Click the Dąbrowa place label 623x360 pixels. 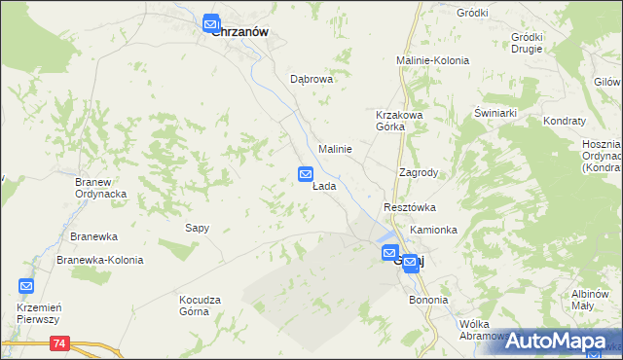pos(311,80)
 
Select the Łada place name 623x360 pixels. pos(324,186)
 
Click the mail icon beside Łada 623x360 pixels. pos(305,174)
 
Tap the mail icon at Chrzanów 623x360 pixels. pos(211,24)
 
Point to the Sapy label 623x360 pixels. pos(198,228)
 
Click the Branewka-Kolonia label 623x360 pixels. pos(100,260)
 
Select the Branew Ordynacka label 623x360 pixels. pos(102,187)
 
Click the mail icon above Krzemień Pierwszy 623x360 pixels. pos(26,286)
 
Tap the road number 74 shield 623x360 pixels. pos(61,343)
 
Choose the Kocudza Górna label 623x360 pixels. pos(202,306)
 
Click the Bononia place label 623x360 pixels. pos(428,300)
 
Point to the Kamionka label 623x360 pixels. pos(433,230)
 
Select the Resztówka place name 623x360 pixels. pos(409,208)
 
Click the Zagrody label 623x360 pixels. pos(419,172)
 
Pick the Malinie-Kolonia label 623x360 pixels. pos(432,60)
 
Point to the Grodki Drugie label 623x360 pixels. pos(527,43)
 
